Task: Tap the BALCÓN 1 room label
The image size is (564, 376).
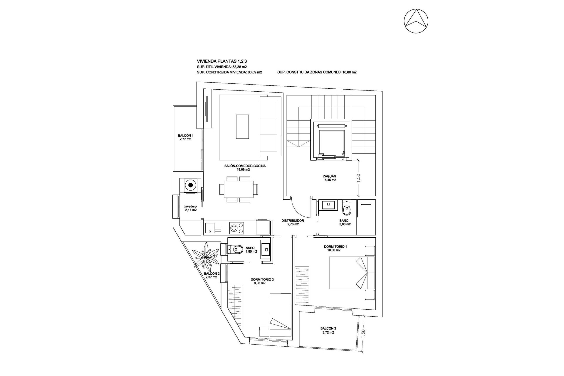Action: pyautogui.click(x=185, y=137)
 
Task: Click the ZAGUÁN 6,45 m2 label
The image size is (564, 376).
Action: pyautogui.click(x=329, y=178)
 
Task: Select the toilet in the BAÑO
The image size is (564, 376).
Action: pyautogui.click(x=347, y=209)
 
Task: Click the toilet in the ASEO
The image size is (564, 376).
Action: pyautogui.click(x=236, y=250)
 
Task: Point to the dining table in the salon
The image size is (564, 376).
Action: pyautogui.click(x=236, y=189)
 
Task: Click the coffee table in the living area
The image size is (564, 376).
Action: pyautogui.click(x=243, y=126)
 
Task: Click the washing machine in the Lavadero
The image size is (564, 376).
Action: pyautogui.click(x=191, y=185)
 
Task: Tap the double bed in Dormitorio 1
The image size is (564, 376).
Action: pyautogui.click(x=352, y=272)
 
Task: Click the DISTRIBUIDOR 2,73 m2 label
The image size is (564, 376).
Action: pyautogui.click(x=293, y=222)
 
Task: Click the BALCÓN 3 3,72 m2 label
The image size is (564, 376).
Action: pyautogui.click(x=328, y=330)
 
